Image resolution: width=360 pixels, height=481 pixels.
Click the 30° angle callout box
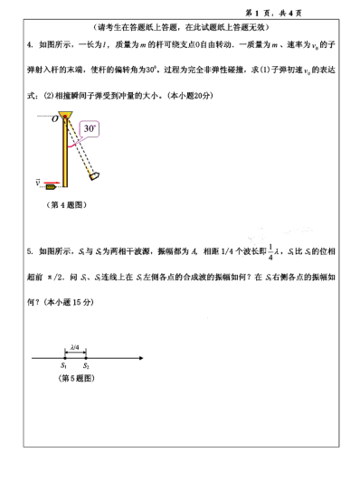tap(90, 129)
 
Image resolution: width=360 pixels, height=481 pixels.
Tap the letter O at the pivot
tap(55, 118)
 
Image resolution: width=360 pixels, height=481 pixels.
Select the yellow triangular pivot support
tap(65, 115)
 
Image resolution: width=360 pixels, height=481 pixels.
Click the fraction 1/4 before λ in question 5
tap(263, 250)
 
